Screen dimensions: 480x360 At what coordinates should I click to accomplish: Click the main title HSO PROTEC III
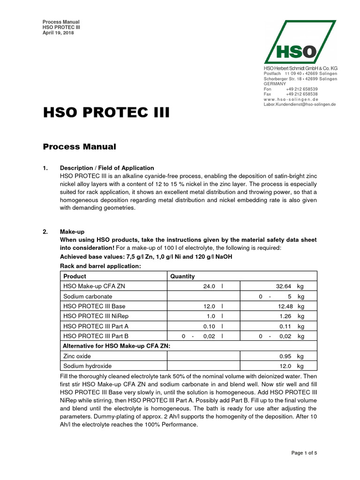pos(106,113)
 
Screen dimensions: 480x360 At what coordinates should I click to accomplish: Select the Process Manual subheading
pos(79,147)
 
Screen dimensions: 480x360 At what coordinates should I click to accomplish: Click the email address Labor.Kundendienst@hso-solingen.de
pos(300,105)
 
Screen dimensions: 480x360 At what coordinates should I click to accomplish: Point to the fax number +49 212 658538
pos(301,94)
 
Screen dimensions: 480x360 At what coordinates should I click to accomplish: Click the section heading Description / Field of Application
pos(107,168)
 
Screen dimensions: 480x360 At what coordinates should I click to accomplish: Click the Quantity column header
pos(182,277)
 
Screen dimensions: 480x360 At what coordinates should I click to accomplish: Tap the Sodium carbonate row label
pos(88,297)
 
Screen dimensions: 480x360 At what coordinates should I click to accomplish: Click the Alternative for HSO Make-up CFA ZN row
pos(116,346)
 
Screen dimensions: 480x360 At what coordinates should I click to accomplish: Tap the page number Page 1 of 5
pos(304,453)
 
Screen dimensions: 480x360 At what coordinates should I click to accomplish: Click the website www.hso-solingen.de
pos(291,99)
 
